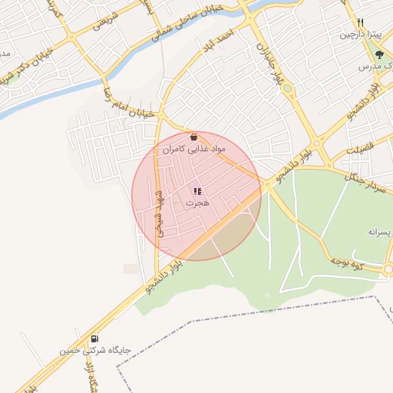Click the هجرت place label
(x=197, y=203)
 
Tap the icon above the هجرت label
(x=197, y=192)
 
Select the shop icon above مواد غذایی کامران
(x=192, y=137)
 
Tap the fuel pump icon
(x=94, y=339)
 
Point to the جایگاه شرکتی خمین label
(x=97, y=351)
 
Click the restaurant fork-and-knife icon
(x=360, y=23)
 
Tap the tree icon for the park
(x=378, y=54)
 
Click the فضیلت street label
(x=360, y=147)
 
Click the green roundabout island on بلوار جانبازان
(x=287, y=89)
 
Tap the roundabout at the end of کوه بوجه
(x=388, y=269)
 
